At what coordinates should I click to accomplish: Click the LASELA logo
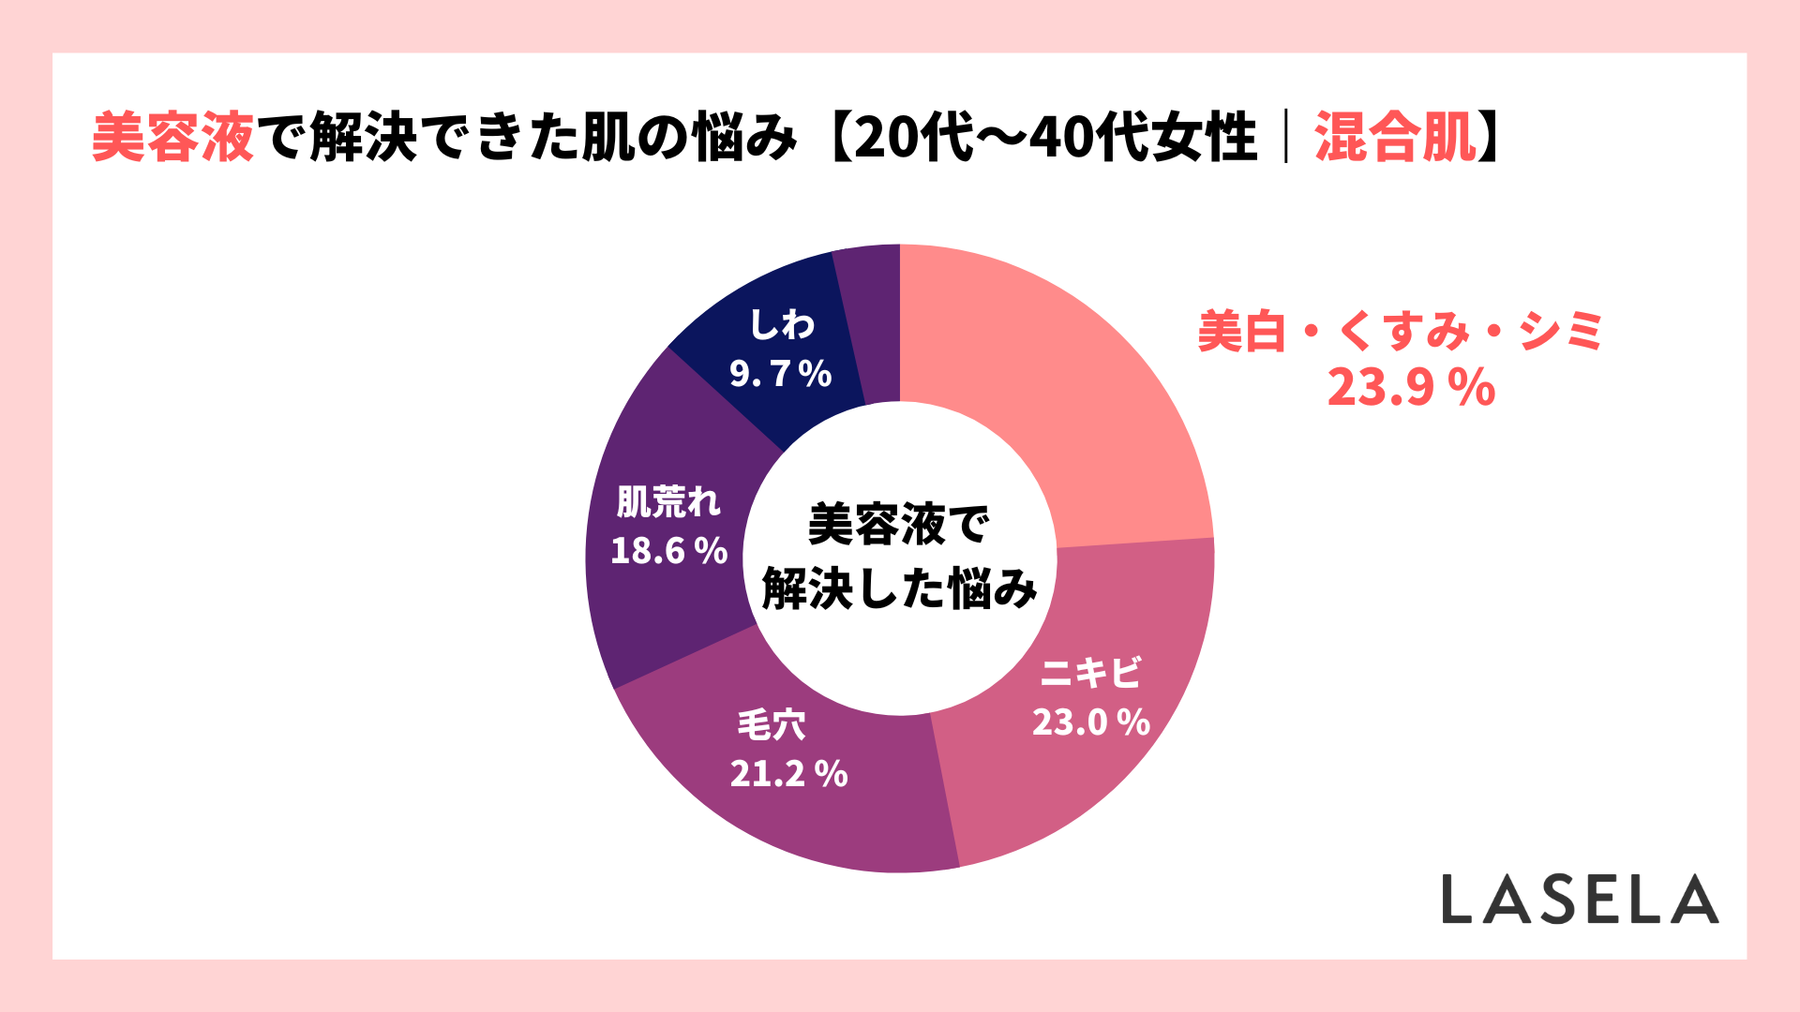click(x=1580, y=899)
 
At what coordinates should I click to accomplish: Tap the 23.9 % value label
click(x=1411, y=387)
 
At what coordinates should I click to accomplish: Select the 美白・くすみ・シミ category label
click(x=1401, y=331)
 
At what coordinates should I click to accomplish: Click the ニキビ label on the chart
click(x=1091, y=673)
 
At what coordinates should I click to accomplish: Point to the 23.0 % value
click(x=1091, y=722)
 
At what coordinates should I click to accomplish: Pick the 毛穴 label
click(x=772, y=724)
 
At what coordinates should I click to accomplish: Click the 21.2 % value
click(x=788, y=774)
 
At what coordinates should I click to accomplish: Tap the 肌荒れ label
click(x=668, y=502)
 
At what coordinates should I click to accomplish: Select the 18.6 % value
click(x=668, y=551)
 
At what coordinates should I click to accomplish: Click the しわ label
click(x=782, y=325)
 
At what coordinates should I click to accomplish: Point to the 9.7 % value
click(x=781, y=375)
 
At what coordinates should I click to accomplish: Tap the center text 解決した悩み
click(x=900, y=589)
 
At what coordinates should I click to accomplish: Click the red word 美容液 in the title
click(x=173, y=138)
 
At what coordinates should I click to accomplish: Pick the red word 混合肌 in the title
click(x=1395, y=138)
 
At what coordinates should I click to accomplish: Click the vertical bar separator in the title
click(x=1286, y=138)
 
